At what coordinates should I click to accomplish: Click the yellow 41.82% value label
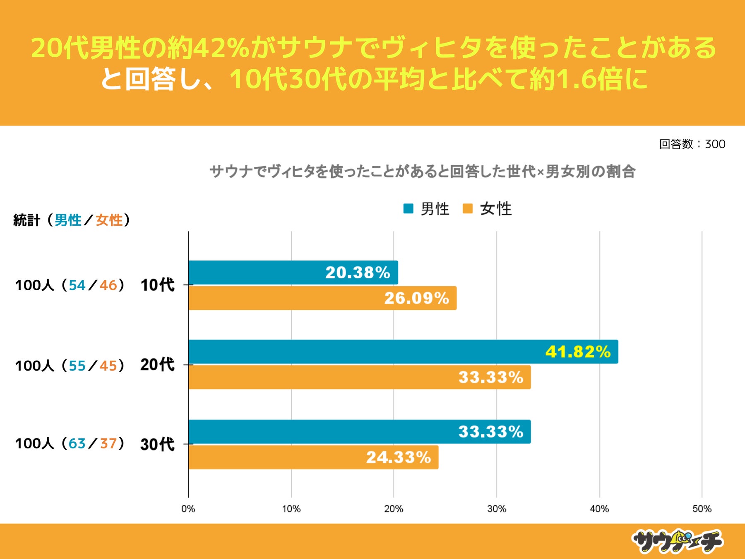[578, 352]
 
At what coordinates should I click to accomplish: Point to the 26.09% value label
[416, 298]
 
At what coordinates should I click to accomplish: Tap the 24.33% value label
[398, 458]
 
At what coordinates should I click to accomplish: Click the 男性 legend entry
[427, 209]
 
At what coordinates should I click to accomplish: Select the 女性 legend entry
[488, 209]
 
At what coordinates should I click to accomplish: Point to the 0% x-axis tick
[188, 509]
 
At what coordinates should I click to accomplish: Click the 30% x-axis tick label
[496, 509]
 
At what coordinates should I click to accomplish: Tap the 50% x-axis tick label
[702, 509]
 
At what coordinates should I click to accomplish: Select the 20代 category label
[157, 365]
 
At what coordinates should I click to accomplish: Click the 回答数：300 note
[692, 144]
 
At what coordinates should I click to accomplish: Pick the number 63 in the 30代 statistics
[77, 443]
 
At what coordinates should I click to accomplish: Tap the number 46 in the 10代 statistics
[108, 285]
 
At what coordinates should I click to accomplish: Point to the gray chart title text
[422, 171]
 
